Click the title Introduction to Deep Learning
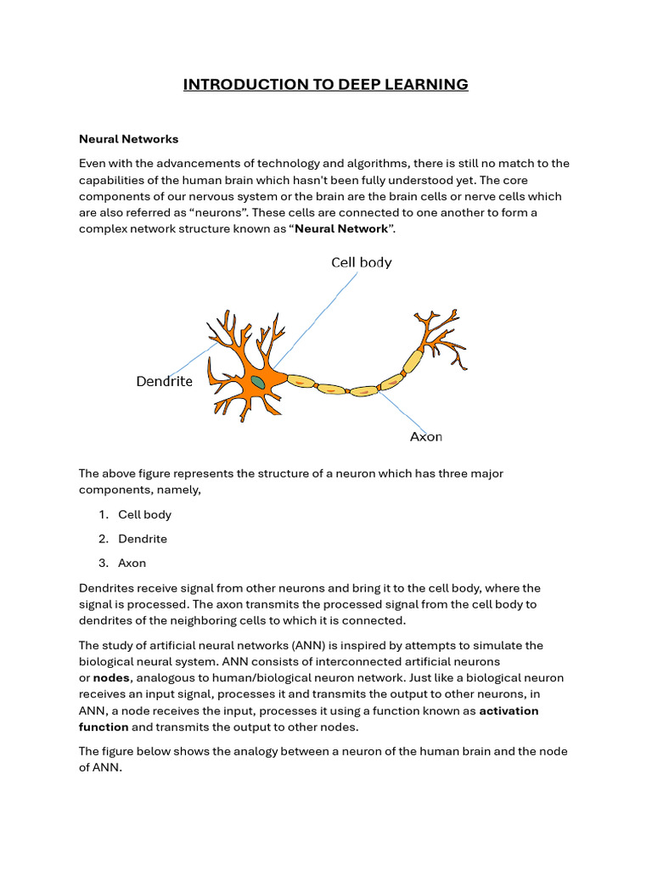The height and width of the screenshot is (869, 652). [326, 84]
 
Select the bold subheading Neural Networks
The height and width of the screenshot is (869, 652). [128, 139]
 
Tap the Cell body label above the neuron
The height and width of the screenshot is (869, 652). [361, 263]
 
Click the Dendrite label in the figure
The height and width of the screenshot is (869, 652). [165, 382]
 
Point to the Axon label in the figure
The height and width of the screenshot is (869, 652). [426, 437]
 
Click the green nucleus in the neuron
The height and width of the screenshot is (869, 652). [257, 383]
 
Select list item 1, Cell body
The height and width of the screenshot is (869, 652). [144, 514]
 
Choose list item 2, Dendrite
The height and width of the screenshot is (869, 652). [143, 539]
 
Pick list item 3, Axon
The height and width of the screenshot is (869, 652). [132, 563]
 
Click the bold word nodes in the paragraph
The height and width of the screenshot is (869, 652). [111, 678]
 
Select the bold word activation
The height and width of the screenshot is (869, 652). [509, 711]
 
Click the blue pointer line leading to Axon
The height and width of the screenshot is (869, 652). [405, 411]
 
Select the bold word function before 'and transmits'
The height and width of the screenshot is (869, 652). [104, 727]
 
